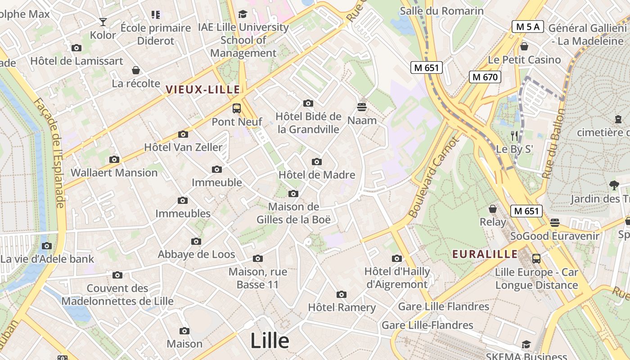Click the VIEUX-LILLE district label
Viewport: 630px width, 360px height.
(x=202, y=90)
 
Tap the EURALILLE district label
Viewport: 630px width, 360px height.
(x=485, y=254)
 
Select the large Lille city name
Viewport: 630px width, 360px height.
(x=270, y=340)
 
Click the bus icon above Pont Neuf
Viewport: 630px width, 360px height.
(x=237, y=108)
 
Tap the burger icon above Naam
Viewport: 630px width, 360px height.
(x=362, y=107)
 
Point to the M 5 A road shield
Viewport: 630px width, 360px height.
(x=527, y=27)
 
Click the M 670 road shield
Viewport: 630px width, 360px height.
(x=485, y=77)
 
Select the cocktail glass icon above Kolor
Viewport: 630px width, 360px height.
(x=103, y=22)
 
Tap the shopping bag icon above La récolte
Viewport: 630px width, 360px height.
(x=136, y=70)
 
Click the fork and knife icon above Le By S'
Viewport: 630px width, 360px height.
(x=514, y=135)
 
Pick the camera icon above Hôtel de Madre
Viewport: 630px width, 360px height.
(x=317, y=162)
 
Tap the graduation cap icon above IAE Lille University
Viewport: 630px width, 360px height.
(x=243, y=14)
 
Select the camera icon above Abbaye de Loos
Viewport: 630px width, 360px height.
(x=196, y=241)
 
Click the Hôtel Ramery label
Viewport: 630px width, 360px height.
(x=342, y=307)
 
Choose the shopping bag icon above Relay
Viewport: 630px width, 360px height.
(x=493, y=209)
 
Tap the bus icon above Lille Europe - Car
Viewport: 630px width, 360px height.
(x=536, y=259)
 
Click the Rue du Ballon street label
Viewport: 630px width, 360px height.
(x=553, y=144)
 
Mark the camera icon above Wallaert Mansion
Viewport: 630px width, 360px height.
(x=114, y=159)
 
